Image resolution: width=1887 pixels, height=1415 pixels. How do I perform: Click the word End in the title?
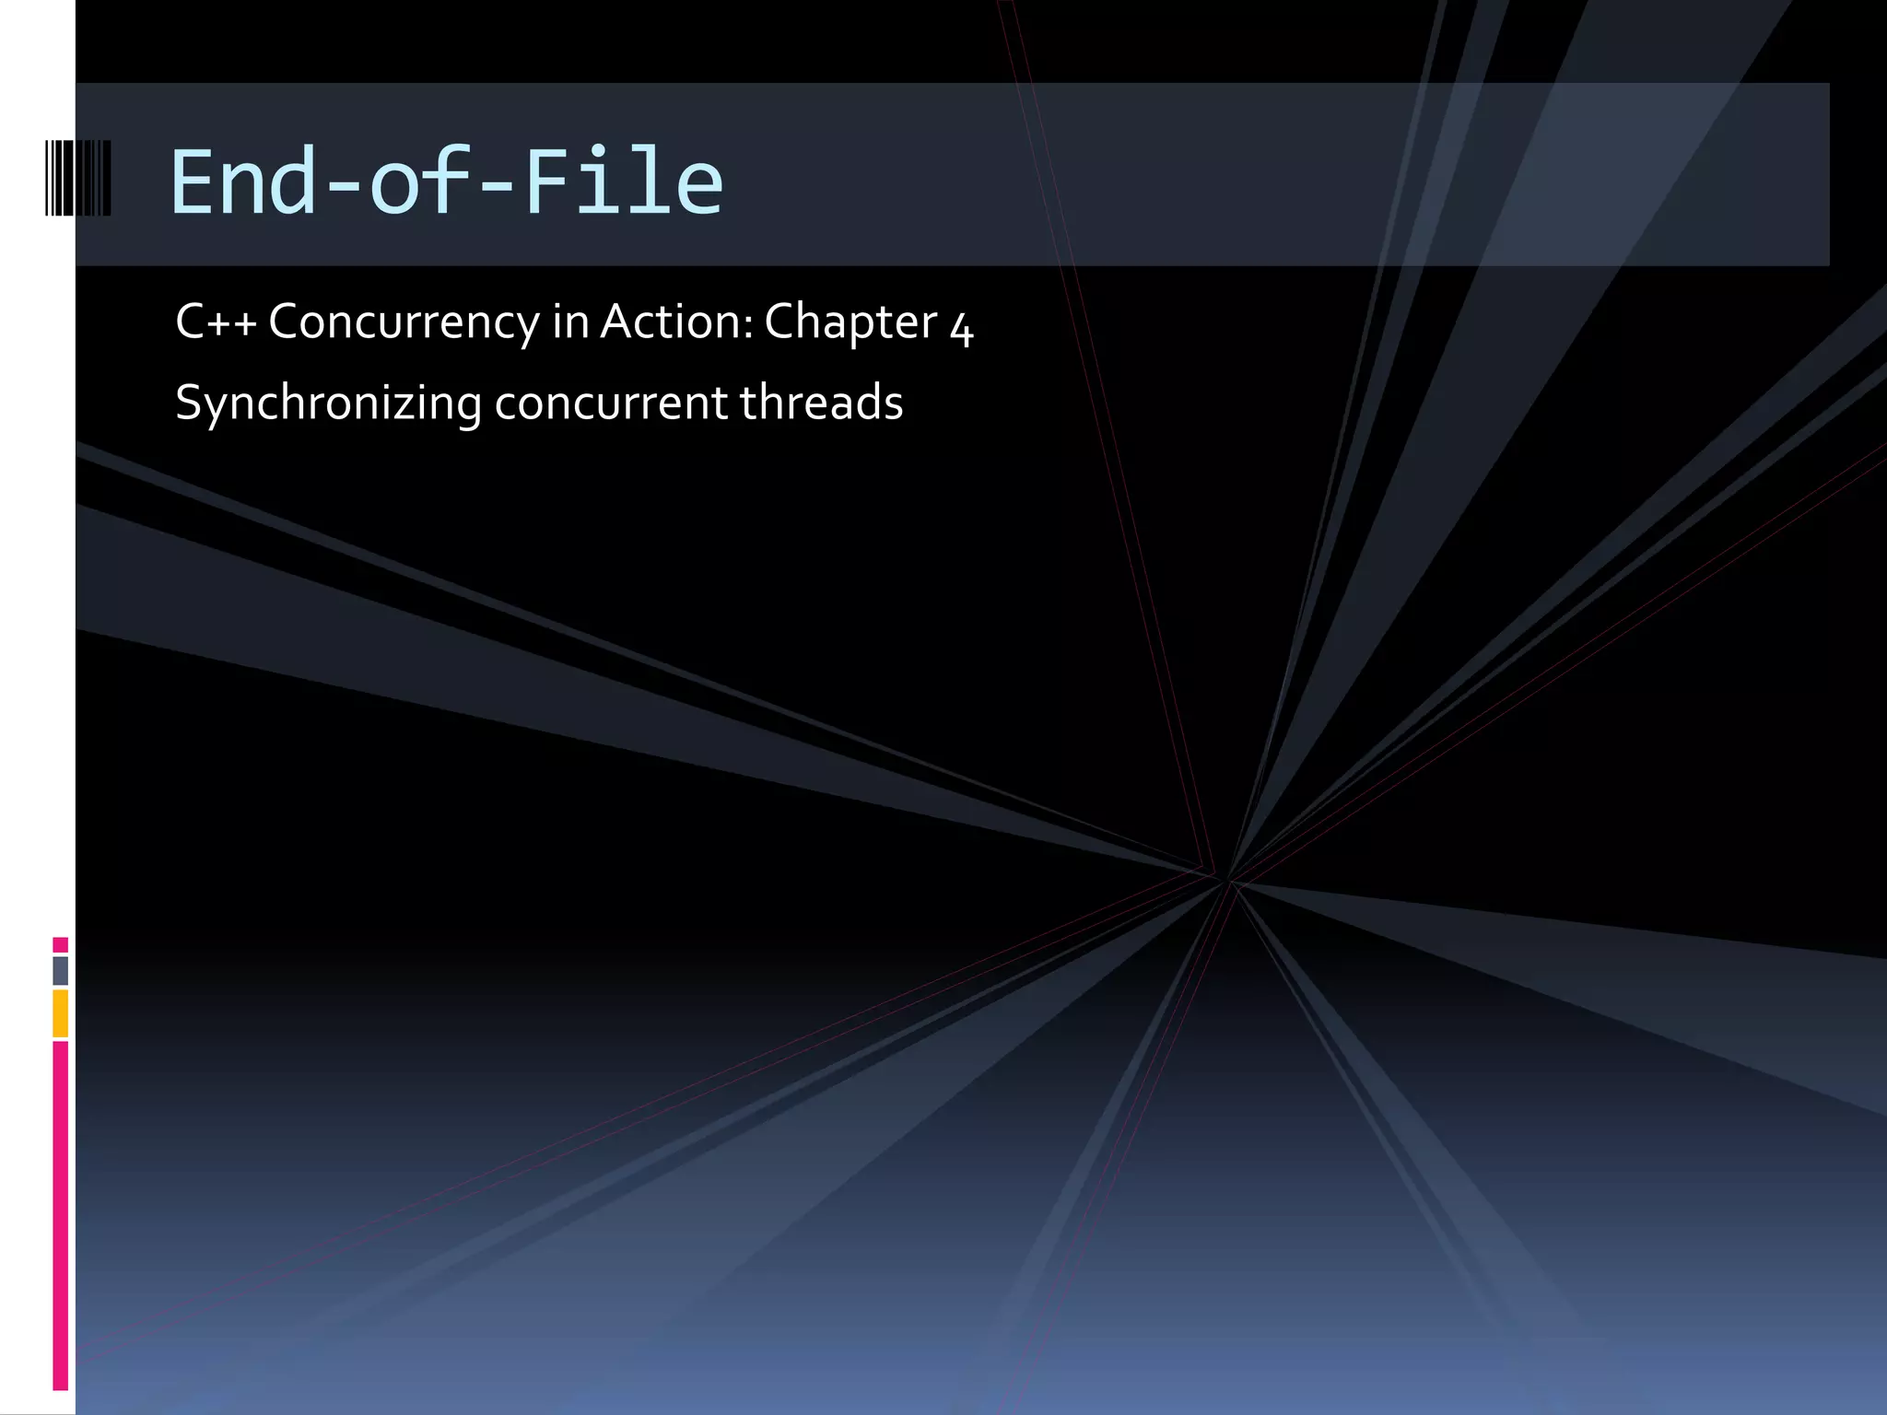coord(243,182)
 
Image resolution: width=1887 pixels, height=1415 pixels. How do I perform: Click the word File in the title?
coord(623,182)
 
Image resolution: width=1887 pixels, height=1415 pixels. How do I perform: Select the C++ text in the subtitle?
coord(216,322)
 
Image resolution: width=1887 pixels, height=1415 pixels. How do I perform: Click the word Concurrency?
coord(404,322)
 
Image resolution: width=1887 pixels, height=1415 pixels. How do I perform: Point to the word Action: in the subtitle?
coord(677,322)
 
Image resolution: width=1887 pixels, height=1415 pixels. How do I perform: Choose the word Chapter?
coord(850,322)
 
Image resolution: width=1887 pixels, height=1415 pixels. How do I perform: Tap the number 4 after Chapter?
coord(961,328)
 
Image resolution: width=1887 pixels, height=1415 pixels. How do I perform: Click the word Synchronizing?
coord(328,403)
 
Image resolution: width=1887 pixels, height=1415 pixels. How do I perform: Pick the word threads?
coord(821,403)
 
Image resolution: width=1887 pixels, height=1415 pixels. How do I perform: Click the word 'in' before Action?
coord(570,322)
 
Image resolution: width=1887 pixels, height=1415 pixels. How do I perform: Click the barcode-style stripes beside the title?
coord(77,179)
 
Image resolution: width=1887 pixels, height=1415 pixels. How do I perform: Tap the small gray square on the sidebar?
coord(60,970)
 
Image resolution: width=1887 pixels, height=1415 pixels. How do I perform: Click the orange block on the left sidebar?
coord(60,1013)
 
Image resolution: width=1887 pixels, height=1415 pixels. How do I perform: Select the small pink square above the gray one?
coord(60,944)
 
